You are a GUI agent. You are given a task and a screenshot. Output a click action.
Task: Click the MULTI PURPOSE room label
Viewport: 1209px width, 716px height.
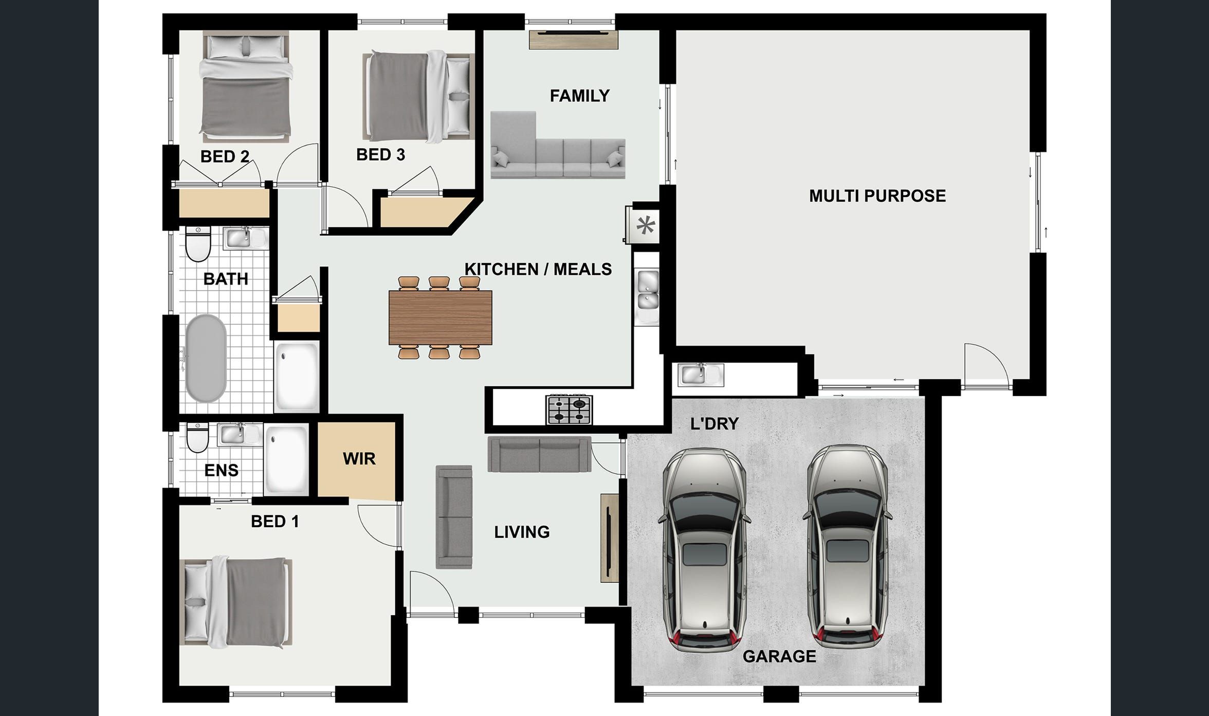877,195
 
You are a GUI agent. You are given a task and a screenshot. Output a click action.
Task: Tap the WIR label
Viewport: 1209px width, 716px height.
359,459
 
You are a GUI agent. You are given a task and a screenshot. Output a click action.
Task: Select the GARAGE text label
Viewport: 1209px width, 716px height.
779,656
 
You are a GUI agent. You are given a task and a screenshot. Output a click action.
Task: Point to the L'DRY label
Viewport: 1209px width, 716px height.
714,424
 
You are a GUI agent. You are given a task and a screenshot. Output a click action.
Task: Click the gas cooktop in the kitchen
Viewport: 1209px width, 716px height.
569,409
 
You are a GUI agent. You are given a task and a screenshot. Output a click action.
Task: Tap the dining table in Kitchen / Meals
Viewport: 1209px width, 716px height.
441,317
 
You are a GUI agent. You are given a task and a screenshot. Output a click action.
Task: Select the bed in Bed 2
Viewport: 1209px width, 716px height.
246,85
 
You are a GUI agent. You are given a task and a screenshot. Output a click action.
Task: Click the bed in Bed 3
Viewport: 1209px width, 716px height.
417,96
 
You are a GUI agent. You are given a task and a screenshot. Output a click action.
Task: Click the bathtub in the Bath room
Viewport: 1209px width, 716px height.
206,358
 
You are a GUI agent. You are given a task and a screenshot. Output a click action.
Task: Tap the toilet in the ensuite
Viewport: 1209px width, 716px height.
197,438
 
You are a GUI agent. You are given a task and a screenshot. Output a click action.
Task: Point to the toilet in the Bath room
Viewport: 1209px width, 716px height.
198,244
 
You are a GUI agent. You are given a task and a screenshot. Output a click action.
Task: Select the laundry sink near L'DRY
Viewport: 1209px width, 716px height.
701,374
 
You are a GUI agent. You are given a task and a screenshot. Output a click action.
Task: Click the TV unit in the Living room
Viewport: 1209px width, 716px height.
609,538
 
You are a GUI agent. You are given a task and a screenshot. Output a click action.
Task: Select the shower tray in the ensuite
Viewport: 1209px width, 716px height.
286,459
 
